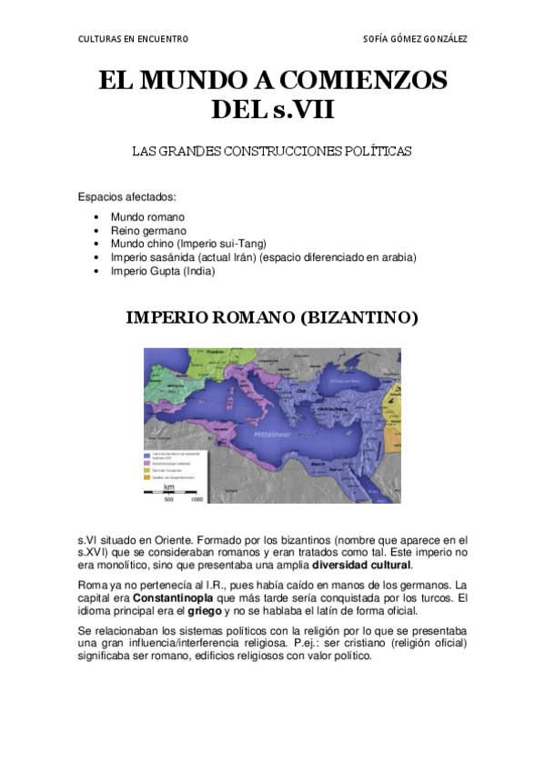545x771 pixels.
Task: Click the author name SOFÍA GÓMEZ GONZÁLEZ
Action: click(415, 39)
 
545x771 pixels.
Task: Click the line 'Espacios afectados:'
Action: click(126, 197)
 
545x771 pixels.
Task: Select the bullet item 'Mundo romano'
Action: click(147, 217)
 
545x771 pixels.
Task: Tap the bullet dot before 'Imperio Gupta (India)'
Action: click(97, 271)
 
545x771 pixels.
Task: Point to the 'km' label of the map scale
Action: click(168, 487)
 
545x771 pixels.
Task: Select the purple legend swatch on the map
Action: click(146, 462)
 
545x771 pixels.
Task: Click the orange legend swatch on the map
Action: click(146, 470)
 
